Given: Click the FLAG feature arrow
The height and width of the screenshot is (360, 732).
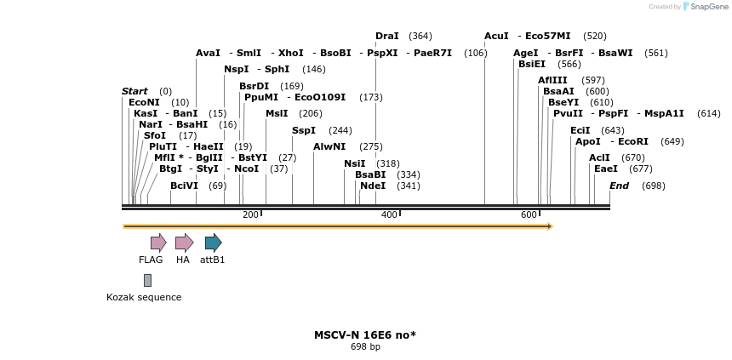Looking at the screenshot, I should (158, 243).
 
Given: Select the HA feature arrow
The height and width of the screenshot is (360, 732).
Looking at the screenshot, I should (184, 243).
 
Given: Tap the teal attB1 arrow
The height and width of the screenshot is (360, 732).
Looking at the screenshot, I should (213, 243).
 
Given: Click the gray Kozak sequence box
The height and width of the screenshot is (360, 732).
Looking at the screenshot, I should (147, 280).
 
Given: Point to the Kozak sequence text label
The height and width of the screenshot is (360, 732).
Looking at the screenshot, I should (144, 297).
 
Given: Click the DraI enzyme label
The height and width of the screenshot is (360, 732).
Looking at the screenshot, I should (386, 36).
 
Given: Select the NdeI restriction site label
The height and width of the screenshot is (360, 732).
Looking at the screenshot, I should (372, 186).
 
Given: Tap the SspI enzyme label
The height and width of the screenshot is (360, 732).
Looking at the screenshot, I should (303, 130).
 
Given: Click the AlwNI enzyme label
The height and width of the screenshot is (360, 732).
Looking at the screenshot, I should (328, 146).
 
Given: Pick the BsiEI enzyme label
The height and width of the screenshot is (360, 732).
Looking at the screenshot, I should (531, 64).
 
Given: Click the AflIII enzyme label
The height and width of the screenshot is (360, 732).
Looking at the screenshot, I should (552, 80).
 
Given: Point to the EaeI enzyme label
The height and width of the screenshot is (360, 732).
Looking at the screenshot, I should (605, 169).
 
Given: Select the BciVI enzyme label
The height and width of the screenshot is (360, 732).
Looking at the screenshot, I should (184, 186).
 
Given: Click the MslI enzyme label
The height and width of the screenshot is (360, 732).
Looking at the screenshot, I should (277, 113).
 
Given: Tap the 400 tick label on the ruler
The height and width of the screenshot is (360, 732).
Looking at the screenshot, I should (390, 214).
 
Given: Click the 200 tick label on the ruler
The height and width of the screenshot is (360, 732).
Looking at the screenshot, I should (250, 214).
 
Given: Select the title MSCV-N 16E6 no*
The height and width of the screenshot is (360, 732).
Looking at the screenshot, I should (364, 334).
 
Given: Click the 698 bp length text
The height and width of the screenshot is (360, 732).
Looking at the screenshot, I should (365, 346).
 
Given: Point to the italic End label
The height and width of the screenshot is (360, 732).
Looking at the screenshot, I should (619, 186).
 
